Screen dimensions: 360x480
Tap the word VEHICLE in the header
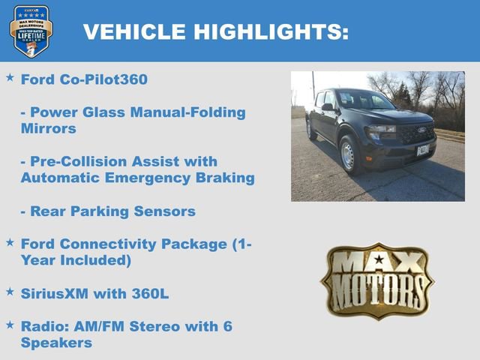coord(134,31)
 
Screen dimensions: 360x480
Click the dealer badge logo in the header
coord(31,31)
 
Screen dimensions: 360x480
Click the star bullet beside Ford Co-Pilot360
coord(10,77)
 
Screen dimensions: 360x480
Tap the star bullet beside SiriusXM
coord(10,291)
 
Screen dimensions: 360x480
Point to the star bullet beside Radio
coord(10,324)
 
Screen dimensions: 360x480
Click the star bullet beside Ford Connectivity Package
coord(10,242)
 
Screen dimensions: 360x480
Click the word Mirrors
coord(49,128)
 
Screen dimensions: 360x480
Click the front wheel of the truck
coord(347,155)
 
